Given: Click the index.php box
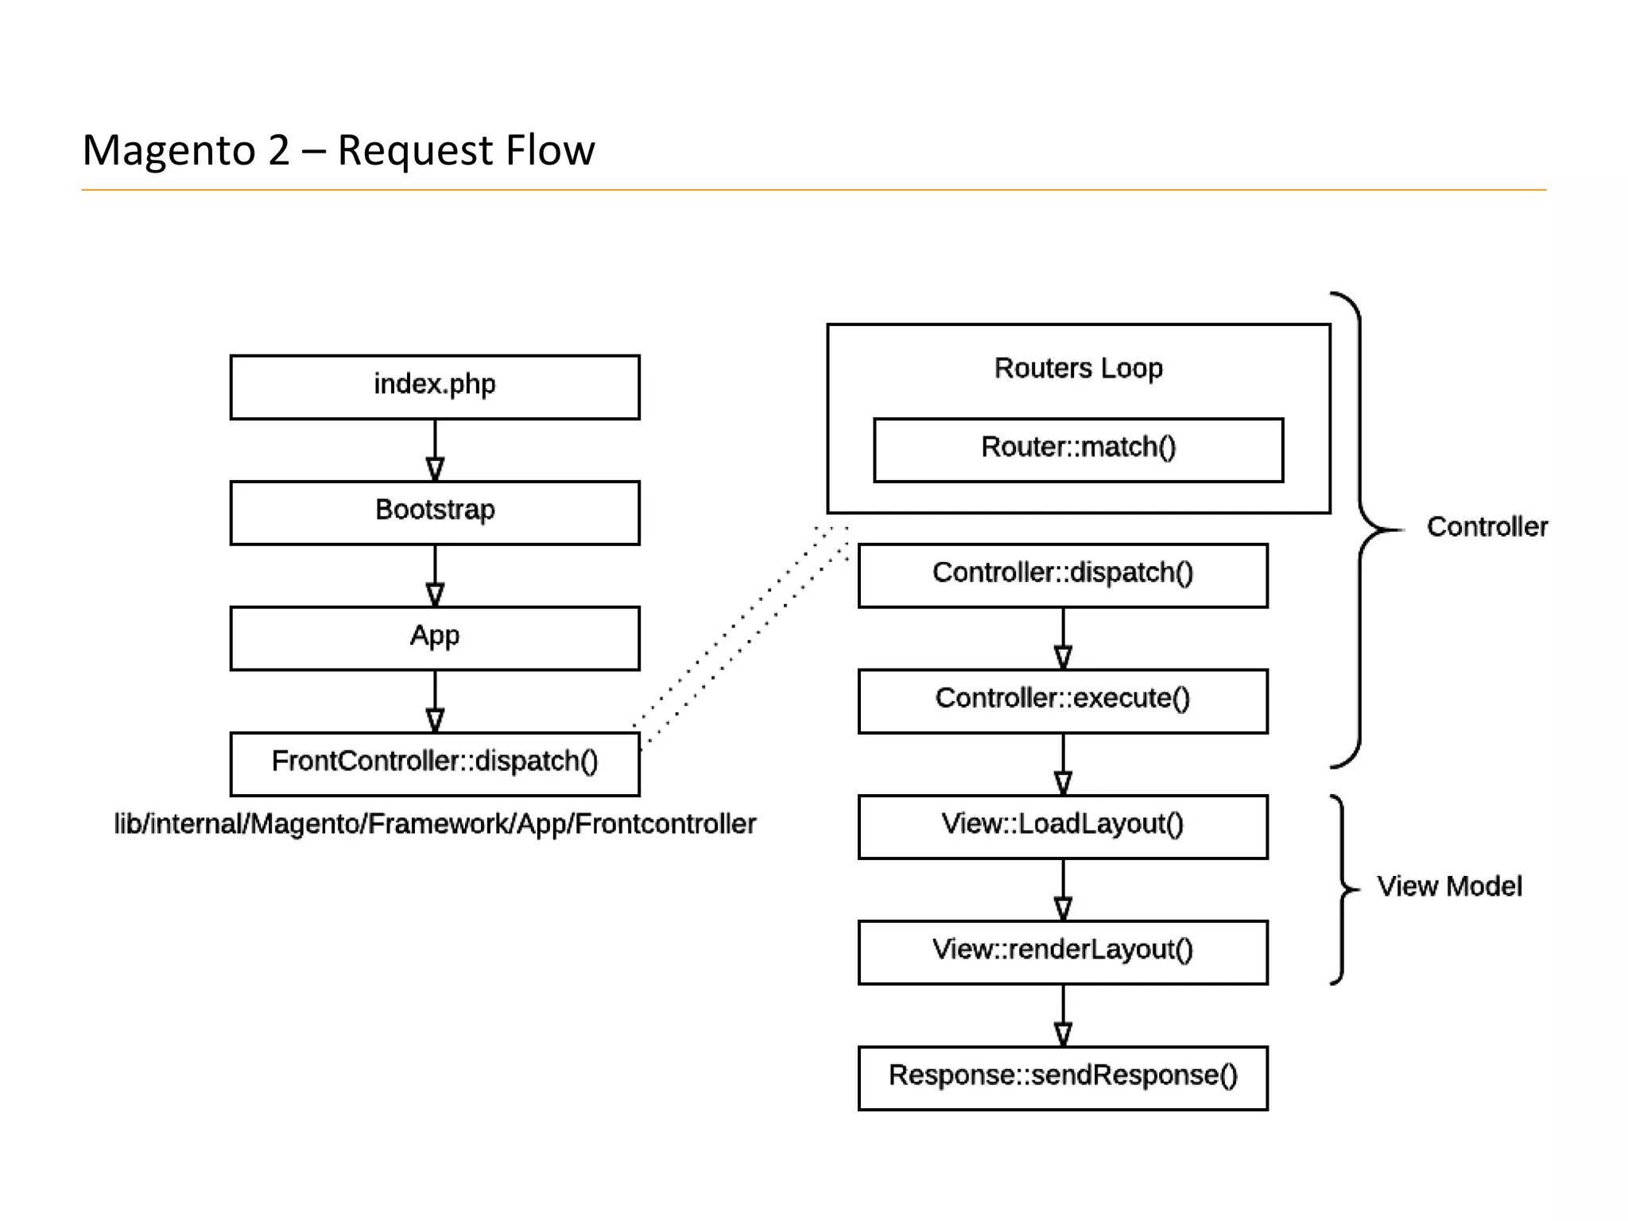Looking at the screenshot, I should (435, 387).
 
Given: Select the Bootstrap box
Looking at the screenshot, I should (435, 513).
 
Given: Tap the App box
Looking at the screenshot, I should (435, 638).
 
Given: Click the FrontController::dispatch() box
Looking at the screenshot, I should (435, 764).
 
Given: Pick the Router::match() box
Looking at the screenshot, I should (1078, 450).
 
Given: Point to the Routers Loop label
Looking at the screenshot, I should (1078, 369).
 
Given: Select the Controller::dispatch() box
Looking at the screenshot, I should (1063, 576).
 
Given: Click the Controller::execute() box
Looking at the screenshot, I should (1063, 701).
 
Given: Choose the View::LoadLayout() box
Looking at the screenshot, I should (1063, 827).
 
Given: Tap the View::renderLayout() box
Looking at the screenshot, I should (1063, 952).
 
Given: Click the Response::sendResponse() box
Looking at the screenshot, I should (1063, 1078).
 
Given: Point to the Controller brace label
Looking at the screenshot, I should (1487, 527).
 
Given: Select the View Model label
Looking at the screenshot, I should (1449, 886).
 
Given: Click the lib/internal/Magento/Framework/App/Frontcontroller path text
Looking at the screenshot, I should (435, 824).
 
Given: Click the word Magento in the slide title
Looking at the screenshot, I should (169, 150).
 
